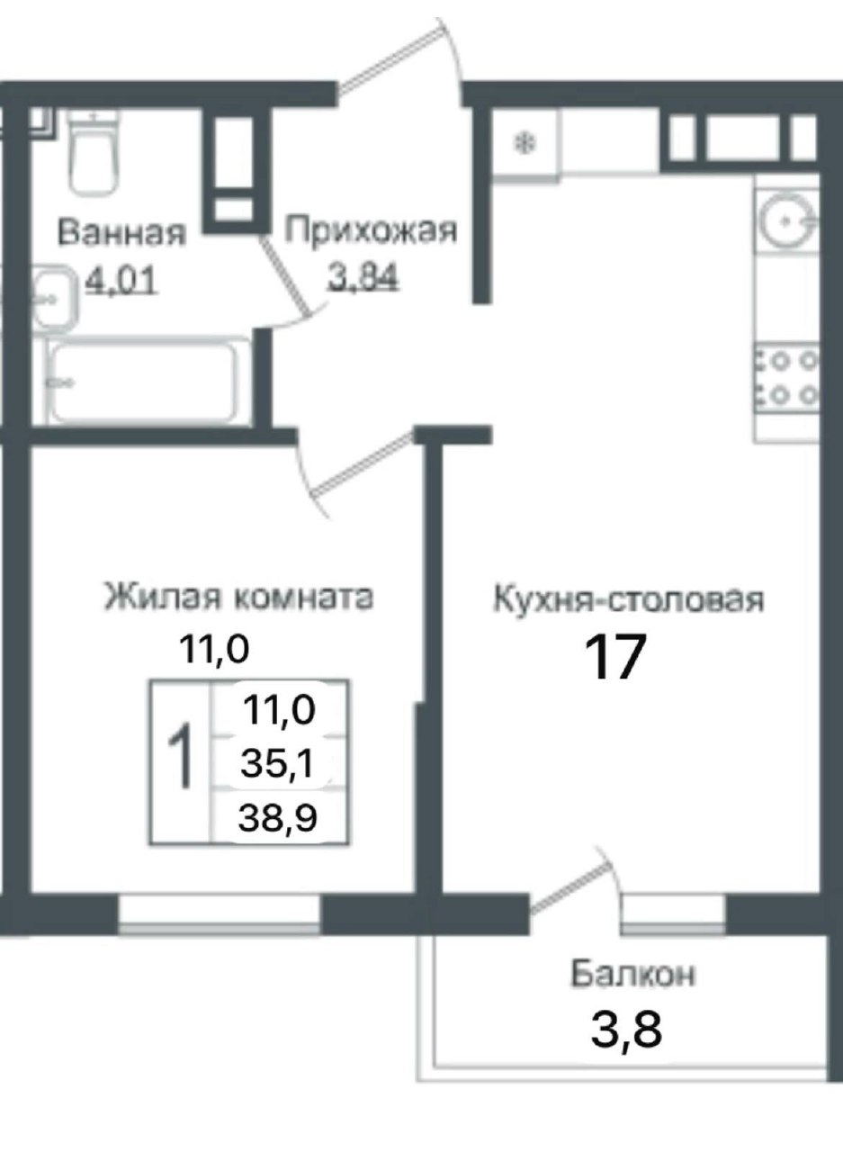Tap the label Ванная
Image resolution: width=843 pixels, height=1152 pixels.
(x=121, y=233)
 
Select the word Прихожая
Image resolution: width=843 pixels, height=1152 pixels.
(x=371, y=230)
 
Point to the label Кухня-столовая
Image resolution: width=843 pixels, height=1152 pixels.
(x=628, y=598)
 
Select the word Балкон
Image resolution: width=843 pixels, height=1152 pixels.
(x=633, y=974)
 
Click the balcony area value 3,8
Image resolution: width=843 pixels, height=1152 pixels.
(x=627, y=1030)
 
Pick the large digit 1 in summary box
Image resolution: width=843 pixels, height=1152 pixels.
(x=181, y=758)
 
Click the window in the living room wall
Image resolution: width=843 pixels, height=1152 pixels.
(x=220, y=914)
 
